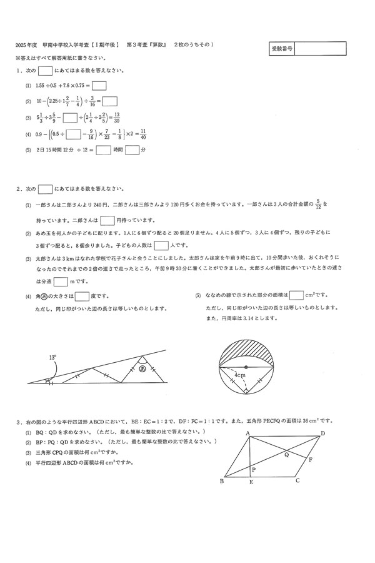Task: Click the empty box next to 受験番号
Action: (320, 48)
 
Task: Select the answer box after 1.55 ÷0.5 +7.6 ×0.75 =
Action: (99, 86)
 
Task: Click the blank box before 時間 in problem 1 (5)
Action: (104, 150)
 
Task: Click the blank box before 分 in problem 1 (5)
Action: (132, 150)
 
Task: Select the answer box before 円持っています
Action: (107, 220)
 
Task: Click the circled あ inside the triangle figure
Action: (143, 369)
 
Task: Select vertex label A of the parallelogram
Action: (248, 434)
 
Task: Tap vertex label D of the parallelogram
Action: (322, 433)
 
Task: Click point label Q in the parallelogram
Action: (286, 455)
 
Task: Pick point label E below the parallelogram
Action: (251, 482)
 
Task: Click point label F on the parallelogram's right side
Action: (311, 460)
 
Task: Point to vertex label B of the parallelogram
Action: (222, 481)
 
